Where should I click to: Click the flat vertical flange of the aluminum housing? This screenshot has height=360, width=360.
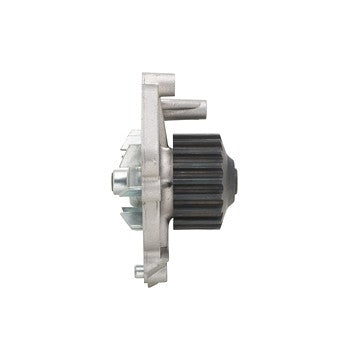(150, 180)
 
